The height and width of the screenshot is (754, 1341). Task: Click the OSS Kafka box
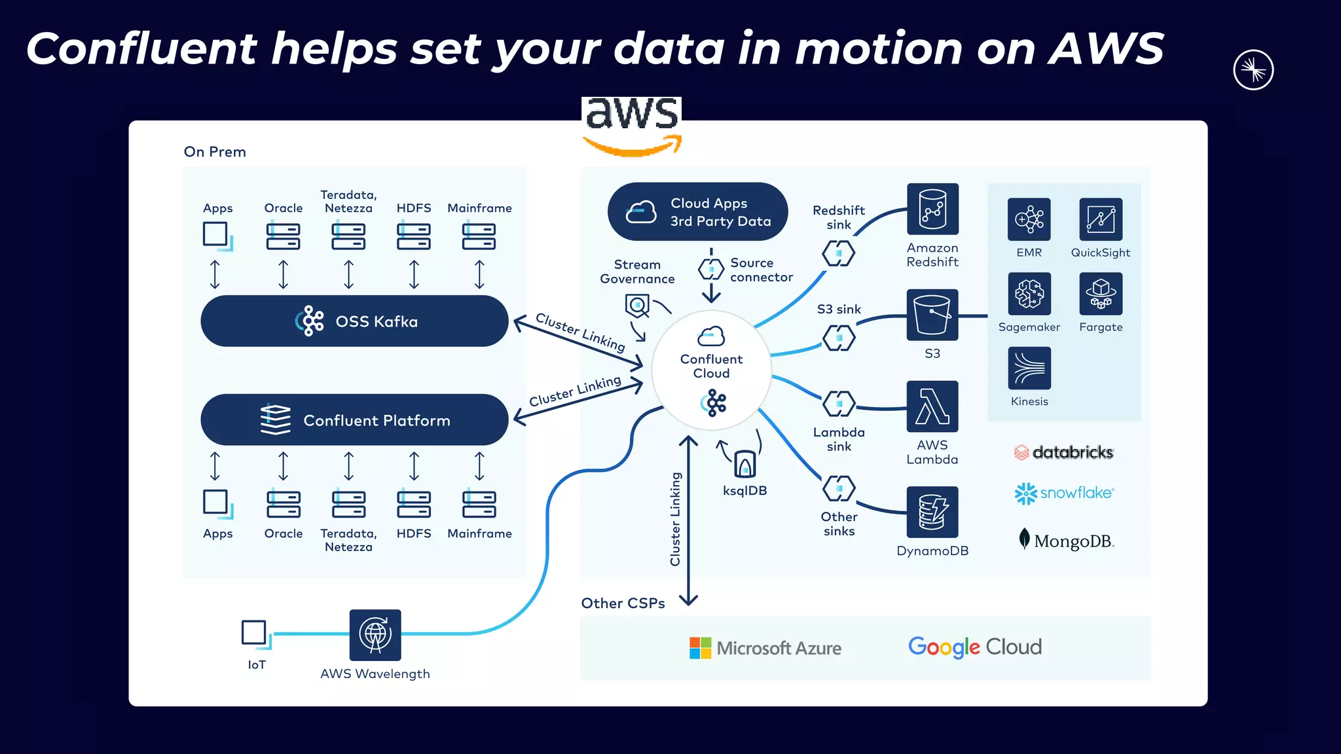click(354, 321)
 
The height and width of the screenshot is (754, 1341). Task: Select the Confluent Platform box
click(354, 420)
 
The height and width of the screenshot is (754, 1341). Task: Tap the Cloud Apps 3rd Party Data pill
click(697, 211)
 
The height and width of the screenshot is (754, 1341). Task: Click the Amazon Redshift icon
click(932, 209)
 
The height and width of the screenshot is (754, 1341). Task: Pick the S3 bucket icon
click(932, 315)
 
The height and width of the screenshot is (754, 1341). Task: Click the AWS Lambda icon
click(932, 406)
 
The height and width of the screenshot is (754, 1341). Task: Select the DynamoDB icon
click(932, 512)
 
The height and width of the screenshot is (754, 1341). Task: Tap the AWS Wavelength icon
click(375, 634)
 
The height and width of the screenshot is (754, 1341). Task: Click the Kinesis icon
click(1029, 368)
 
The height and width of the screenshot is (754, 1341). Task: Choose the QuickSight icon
click(1101, 219)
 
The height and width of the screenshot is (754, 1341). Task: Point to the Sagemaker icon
click(1029, 294)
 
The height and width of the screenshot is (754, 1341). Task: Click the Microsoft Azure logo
click(765, 648)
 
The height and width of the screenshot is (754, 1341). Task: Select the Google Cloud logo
click(974, 647)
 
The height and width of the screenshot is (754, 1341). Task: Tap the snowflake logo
click(1064, 493)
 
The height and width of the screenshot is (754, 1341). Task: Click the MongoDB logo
click(1067, 541)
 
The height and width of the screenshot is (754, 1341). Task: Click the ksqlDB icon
click(745, 464)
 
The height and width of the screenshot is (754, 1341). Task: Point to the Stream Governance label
click(637, 272)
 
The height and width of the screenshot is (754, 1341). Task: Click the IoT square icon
click(254, 633)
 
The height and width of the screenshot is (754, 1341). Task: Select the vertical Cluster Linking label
click(675, 519)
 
